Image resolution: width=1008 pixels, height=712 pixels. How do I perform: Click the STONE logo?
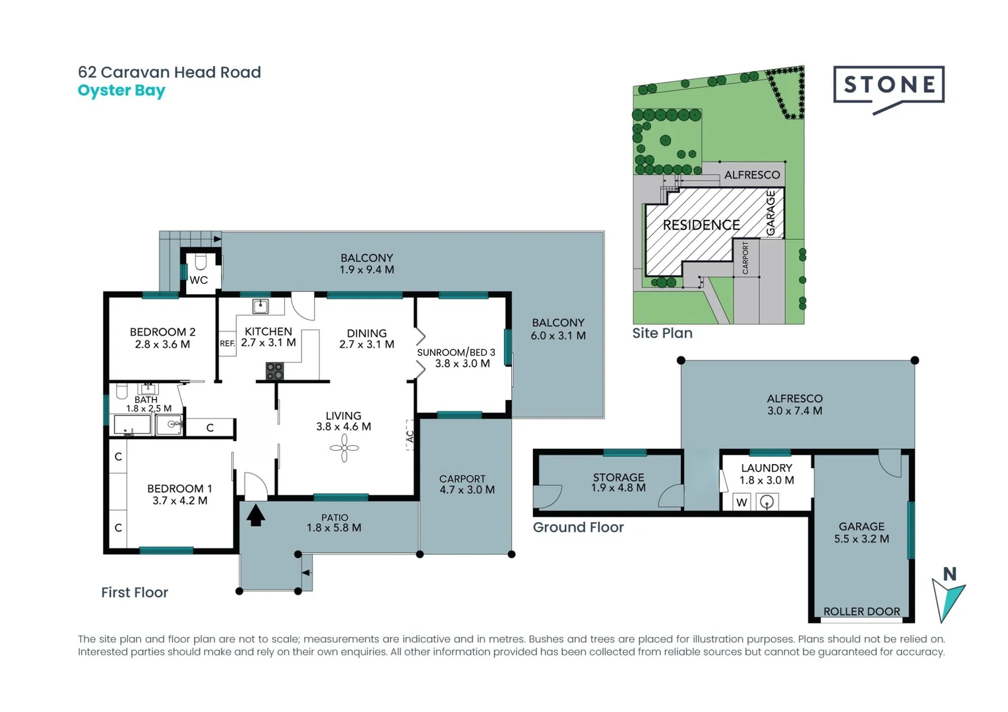889,86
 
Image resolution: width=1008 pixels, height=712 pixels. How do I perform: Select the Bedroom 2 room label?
162,338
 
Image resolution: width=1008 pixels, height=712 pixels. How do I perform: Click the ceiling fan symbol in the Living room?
344,449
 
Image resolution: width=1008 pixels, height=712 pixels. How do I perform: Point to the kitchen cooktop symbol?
274,371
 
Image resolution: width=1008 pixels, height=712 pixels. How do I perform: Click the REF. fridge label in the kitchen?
227,343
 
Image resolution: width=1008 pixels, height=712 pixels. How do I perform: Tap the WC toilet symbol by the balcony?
201,262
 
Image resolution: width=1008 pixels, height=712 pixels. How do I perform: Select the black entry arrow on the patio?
255,514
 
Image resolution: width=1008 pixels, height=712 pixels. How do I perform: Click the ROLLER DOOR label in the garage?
861,612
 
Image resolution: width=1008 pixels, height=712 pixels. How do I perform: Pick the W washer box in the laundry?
741,502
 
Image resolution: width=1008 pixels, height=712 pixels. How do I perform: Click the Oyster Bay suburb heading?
121,90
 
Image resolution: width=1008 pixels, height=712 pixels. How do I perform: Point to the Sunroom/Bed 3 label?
456,358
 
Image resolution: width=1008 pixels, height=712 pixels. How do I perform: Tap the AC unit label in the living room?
410,436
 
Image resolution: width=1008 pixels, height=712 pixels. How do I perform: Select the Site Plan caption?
662,334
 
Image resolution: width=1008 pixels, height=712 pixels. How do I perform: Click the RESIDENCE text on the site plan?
701,225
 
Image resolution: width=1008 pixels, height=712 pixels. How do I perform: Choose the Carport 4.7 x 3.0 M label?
466,485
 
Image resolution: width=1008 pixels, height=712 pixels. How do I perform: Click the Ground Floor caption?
578,527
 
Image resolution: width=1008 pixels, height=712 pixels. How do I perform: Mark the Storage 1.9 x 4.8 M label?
618,483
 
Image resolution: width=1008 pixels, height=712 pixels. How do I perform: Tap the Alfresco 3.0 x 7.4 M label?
794,405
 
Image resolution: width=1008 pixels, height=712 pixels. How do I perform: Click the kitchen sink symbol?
261,306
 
